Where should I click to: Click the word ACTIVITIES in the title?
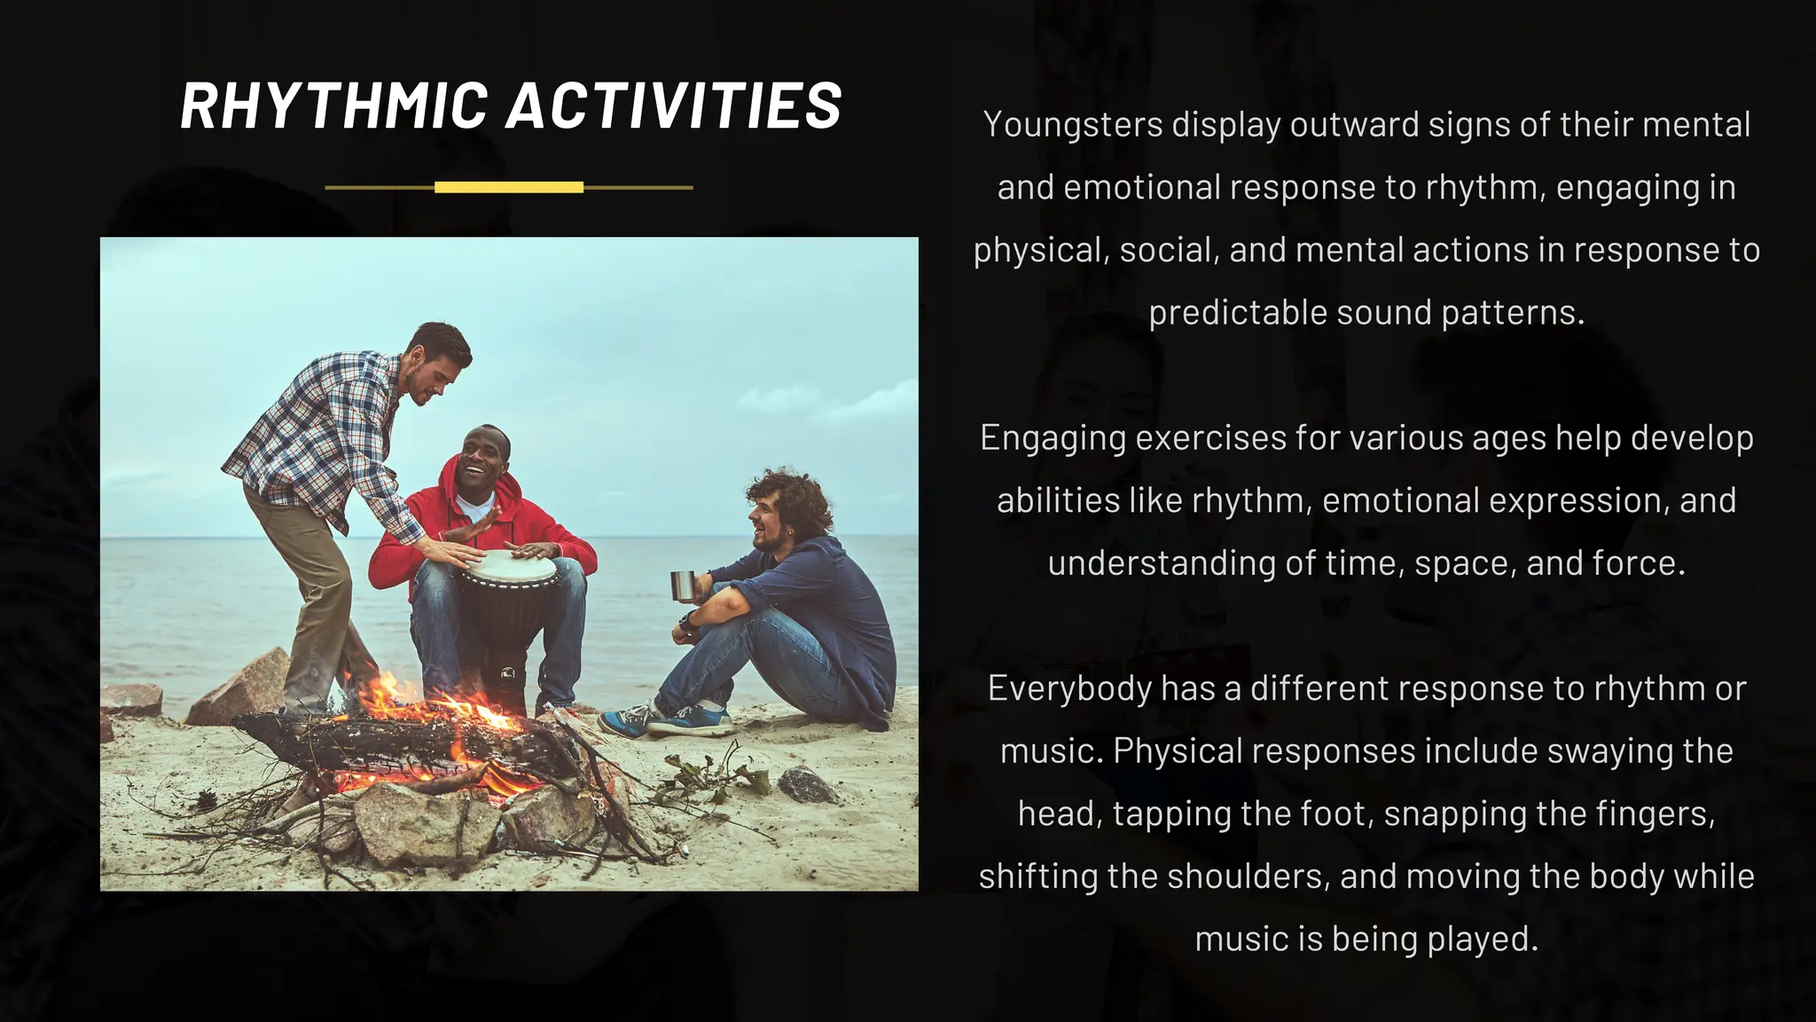(674, 106)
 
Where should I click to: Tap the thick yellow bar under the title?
(509, 187)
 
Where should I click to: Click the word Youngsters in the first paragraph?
(1072, 125)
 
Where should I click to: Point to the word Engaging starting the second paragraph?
(1052, 438)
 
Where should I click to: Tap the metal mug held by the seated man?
(682, 586)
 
